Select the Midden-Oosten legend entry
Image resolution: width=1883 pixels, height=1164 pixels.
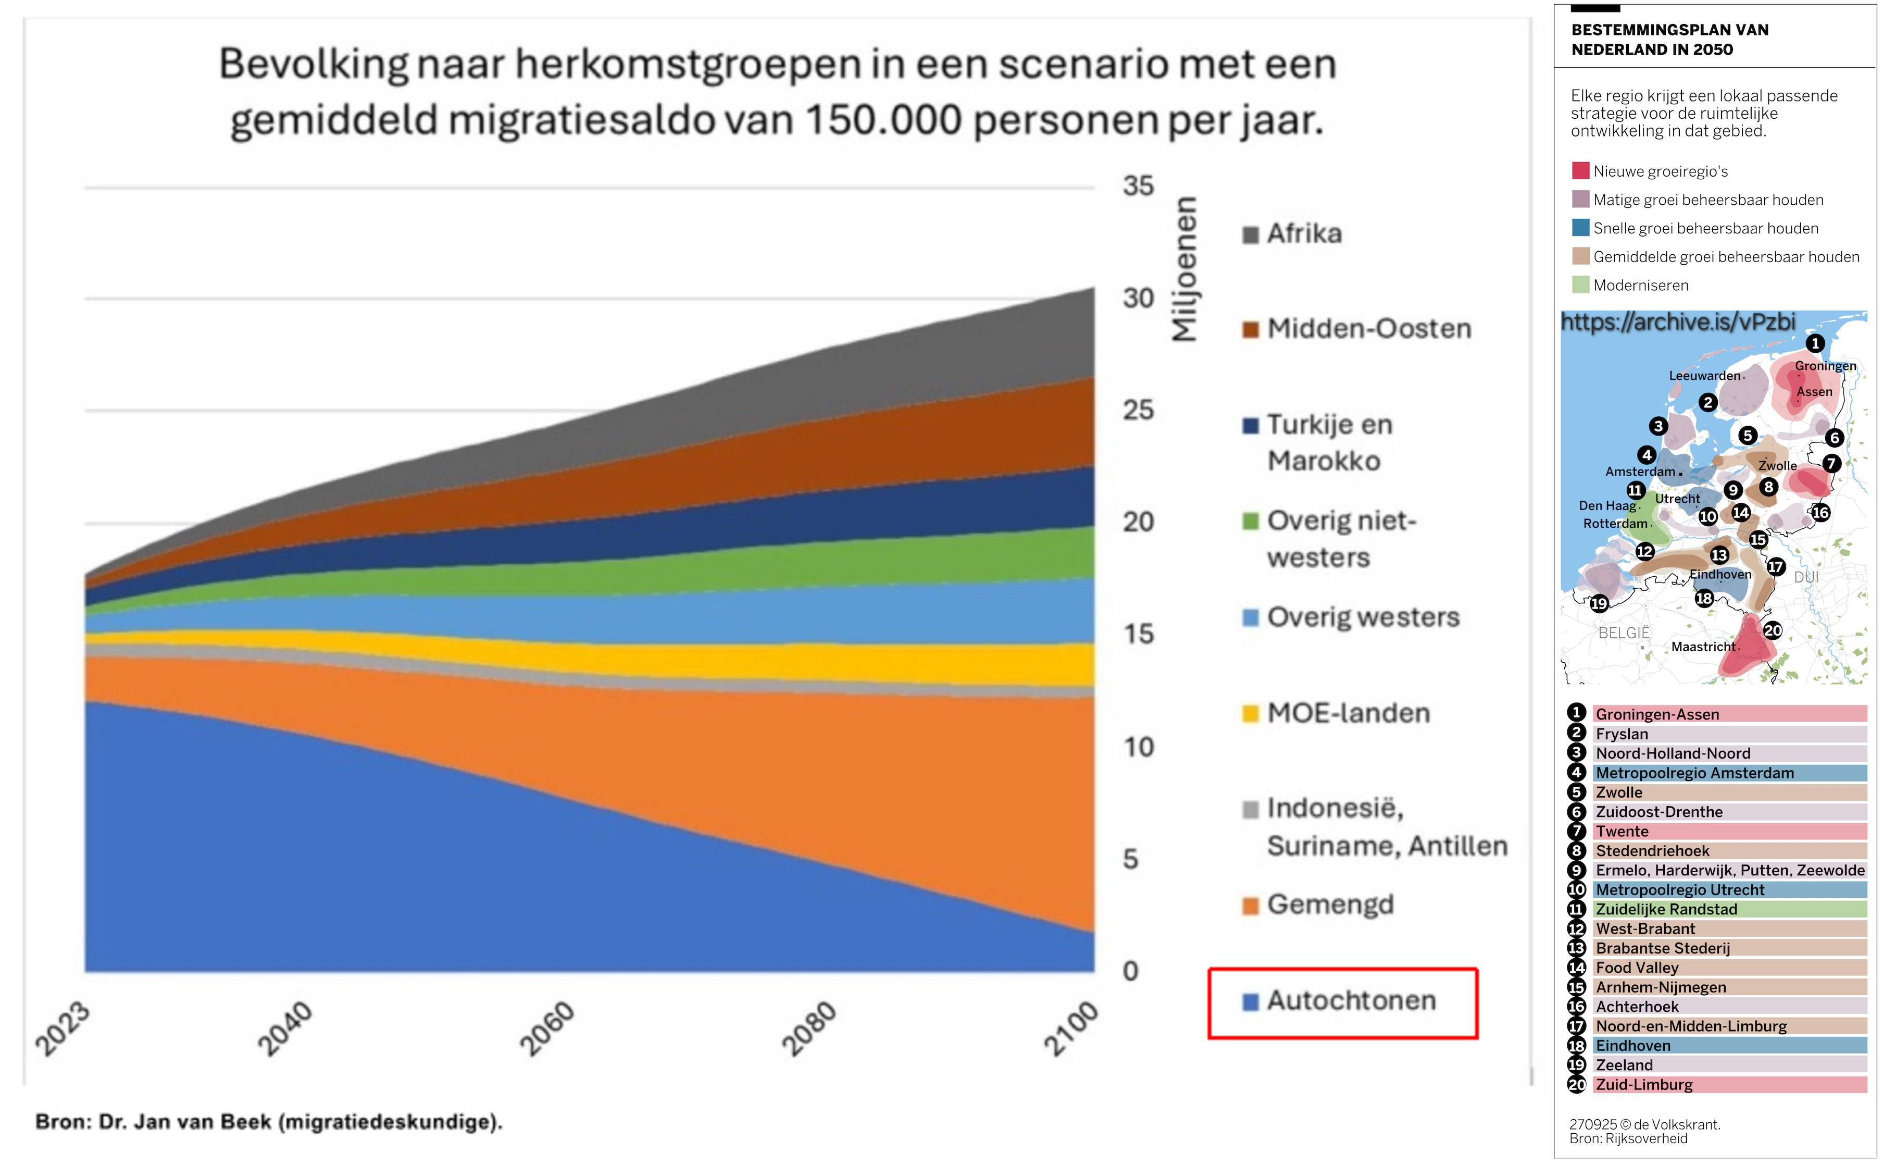pos(1368,329)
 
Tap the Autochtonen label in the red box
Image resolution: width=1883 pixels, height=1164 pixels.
pos(1351,1001)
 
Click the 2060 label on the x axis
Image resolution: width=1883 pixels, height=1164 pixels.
pos(547,1029)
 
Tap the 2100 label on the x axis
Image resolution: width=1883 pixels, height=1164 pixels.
pos(1070,1029)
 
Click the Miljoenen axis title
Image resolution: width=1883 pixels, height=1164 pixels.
pos(1184,269)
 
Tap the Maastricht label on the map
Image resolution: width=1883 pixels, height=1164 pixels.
pos(1703,647)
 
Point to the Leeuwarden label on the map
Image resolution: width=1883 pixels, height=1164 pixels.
pos(1704,376)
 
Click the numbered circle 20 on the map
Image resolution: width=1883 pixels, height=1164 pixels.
pos(1772,630)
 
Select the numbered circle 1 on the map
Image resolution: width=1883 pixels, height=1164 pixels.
pos(1815,343)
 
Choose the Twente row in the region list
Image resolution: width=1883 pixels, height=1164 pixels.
pos(1622,832)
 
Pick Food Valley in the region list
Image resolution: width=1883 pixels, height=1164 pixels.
pos(1636,968)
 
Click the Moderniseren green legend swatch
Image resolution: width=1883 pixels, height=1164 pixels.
pos(1580,285)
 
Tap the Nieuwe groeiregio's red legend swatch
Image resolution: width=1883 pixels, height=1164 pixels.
pos(1580,171)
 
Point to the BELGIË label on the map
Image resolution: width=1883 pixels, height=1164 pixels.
pos(1624,633)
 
